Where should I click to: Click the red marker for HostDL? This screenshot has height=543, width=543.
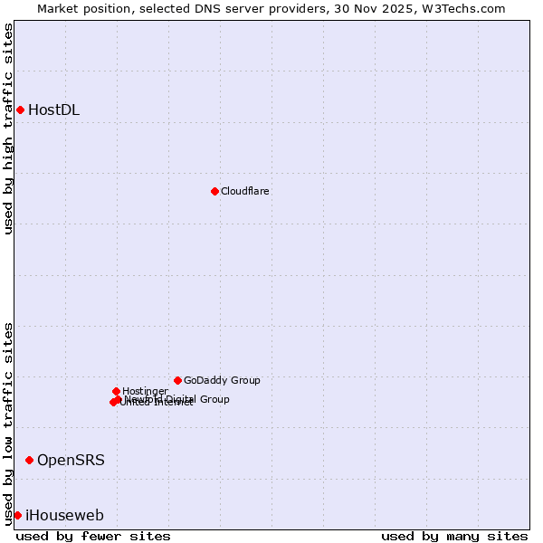point(20,110)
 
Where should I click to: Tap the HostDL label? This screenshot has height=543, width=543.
point(53,110)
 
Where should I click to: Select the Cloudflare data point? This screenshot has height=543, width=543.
point(214,191)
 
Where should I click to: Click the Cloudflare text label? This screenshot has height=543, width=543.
point(244,191)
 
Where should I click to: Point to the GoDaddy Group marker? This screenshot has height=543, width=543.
point(177,380)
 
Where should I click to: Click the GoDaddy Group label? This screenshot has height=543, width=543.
point(222,380)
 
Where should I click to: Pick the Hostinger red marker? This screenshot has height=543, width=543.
point(116,391)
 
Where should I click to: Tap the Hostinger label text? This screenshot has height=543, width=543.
point(145,391)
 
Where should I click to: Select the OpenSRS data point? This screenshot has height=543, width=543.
point(29,461)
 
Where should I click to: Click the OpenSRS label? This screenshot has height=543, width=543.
point(71,461)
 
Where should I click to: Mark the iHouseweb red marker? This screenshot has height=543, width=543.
point(17,515)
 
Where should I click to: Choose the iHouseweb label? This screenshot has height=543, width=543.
point(64,516)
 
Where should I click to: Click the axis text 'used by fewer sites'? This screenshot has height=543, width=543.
point(93,536)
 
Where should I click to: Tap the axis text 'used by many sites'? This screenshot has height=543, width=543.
point(454,536)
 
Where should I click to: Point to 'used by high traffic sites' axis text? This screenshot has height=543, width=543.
point(8,129)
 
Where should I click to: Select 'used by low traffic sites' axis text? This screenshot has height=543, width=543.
point(8,423)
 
